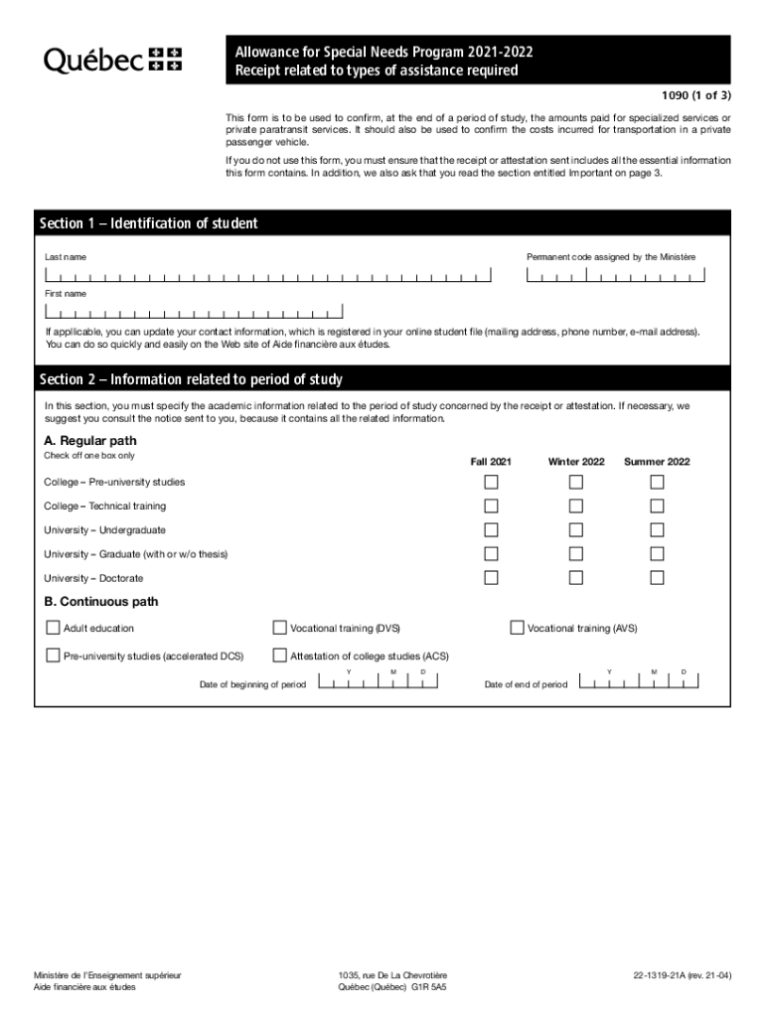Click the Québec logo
(x=112, y=60)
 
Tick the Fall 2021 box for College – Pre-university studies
(x=491, y=482)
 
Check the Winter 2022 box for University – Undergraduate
(x=576, y=530)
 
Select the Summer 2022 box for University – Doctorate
(x=657, y=578)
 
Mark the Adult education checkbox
(x=53, y=628)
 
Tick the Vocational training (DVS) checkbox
(x=279, y=628)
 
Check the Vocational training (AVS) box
(x=517, y=628)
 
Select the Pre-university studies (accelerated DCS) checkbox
(x=53, y=655)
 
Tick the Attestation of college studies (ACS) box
(x=279, y=655)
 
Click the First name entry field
(x=194, y=311)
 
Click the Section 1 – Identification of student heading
(x=148, y=223)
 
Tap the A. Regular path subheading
(x=90, y=440)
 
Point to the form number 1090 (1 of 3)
(x=695, y=96)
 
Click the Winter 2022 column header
(x=576, y=462)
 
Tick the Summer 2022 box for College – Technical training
(x=657, y=507)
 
